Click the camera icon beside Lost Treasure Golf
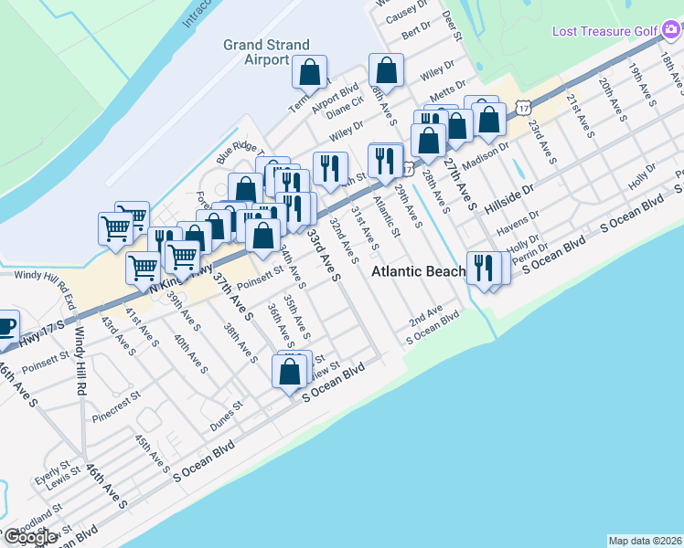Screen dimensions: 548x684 point(671,31)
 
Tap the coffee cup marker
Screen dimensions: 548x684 point(5,326)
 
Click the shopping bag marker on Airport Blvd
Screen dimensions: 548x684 point(310,72)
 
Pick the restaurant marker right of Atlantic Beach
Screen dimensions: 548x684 point(484,268)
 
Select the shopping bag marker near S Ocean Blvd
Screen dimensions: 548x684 point(290,372)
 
